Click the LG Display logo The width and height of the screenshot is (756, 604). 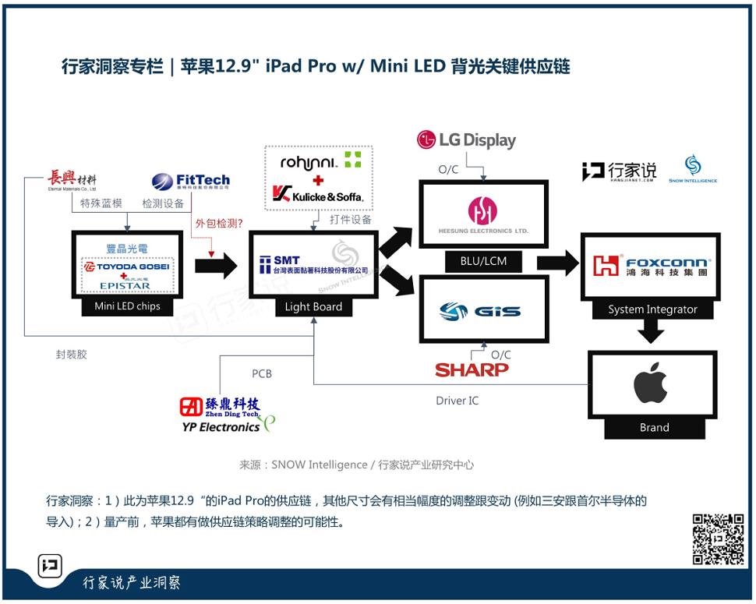(x=467, y=140)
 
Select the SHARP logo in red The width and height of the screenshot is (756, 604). (x=472, y=369)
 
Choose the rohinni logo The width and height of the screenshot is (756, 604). (x=319, y=161)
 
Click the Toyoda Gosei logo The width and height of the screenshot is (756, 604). (x=127, y=267)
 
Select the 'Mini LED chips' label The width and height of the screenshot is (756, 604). (x=127, y=306)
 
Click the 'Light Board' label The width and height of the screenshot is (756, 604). (x=313, y=306)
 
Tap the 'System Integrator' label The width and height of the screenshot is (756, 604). (x=652, y=309)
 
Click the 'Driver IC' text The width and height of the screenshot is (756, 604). (x=457, y=401)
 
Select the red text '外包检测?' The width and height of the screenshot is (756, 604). (x=217, y=226)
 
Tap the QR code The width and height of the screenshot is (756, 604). (x=718, y=539)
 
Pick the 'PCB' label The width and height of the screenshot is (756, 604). (x=262, y=373)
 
